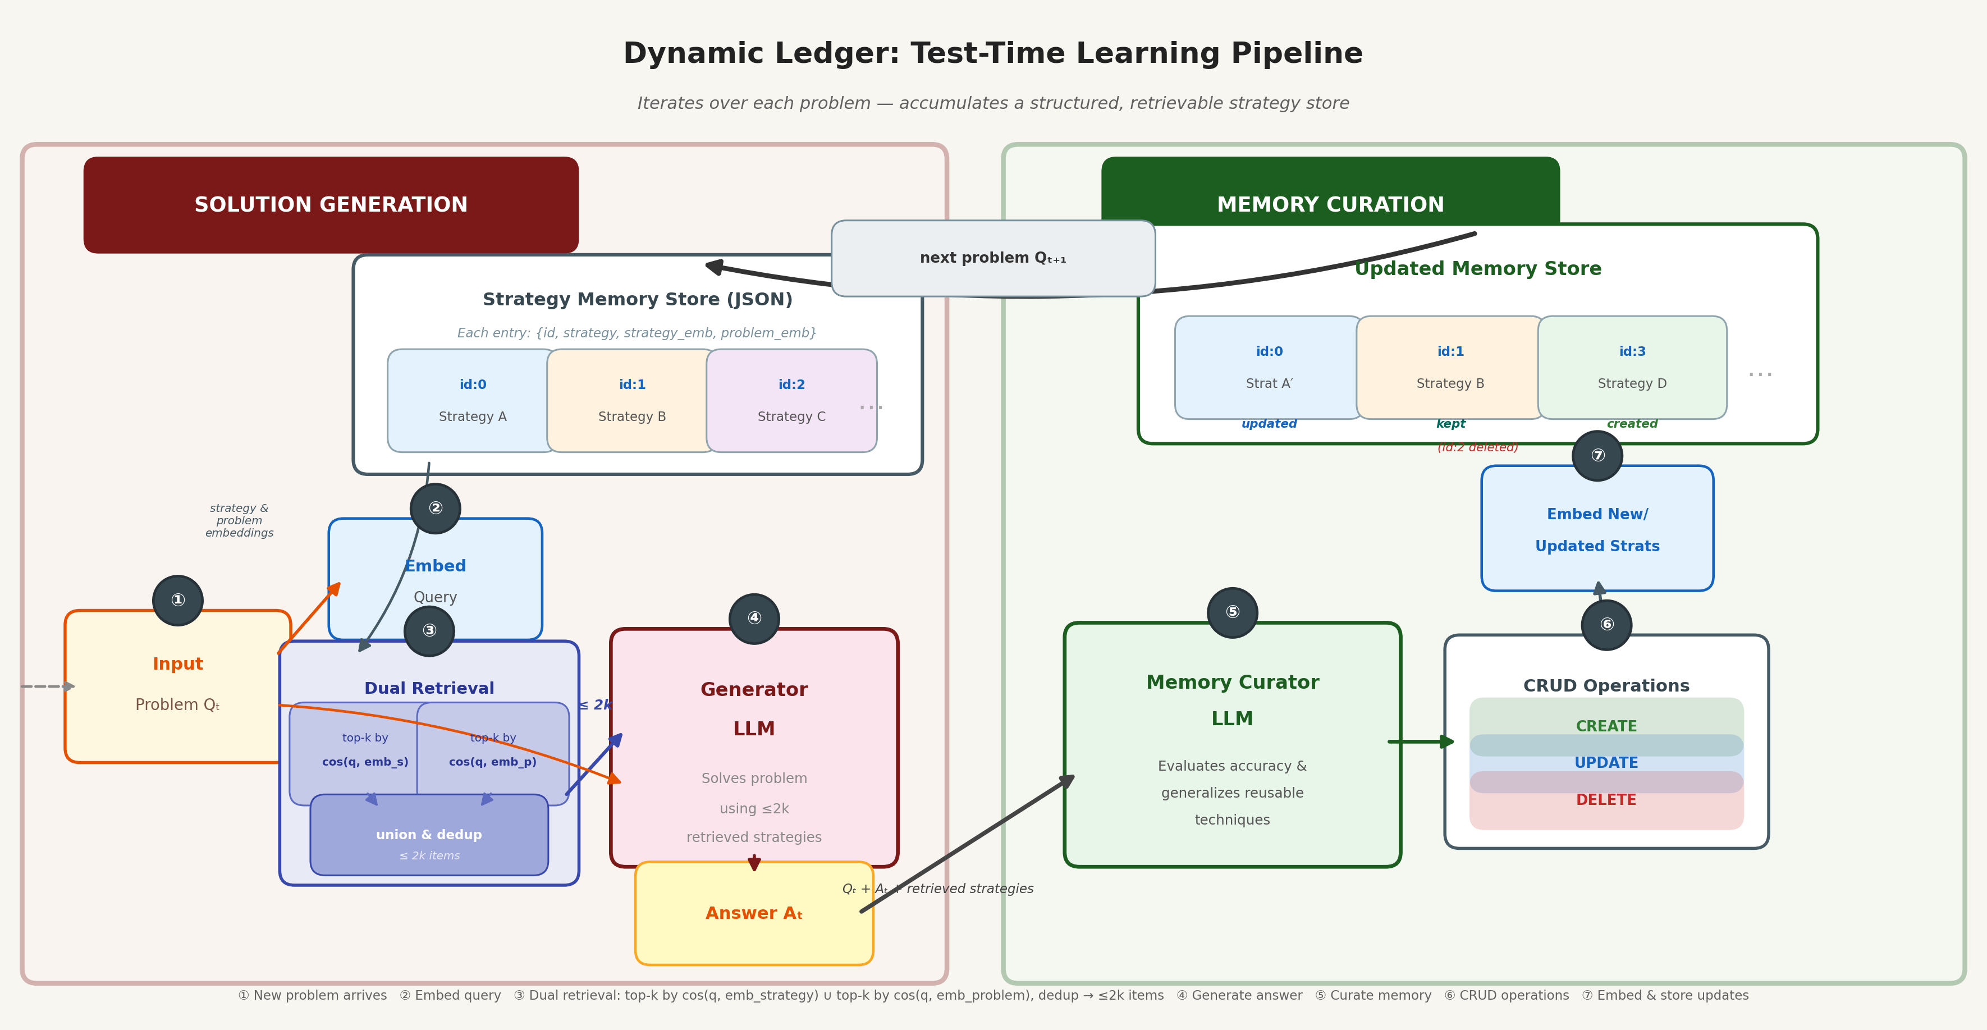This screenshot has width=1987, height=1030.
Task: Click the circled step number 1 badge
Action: tap(177, 600)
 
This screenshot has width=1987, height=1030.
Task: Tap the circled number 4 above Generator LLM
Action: tap(754, 618)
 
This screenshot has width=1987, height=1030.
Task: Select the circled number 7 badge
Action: tap(1597, 456)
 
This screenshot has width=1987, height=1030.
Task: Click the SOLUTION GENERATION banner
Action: tap(331, 204)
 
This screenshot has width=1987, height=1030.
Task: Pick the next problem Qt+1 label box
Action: tap(993, 258)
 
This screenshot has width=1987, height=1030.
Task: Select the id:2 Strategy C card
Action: tap(791, 400)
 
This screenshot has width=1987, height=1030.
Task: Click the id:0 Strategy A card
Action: tap(472, 400)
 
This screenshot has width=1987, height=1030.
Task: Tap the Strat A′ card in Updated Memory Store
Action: tap(1269, 367)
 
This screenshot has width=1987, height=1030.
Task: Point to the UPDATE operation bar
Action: tap(1606, 763)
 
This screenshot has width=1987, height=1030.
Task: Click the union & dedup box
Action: tap(429, 837)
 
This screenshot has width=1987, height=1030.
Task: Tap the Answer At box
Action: tap(754, 913)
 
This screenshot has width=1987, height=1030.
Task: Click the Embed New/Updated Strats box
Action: tap(1597, 529)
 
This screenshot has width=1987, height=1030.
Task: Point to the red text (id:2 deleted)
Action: tap(1477, 447)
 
